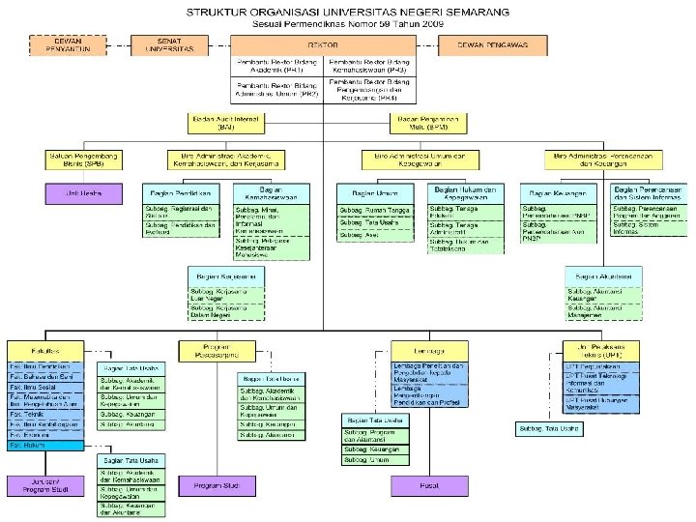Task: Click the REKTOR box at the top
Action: tap(323, 44)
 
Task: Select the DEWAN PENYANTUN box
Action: tap(66, 44)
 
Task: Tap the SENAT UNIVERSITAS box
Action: tap(176, 44)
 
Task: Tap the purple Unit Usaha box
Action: tap(84, 192)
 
